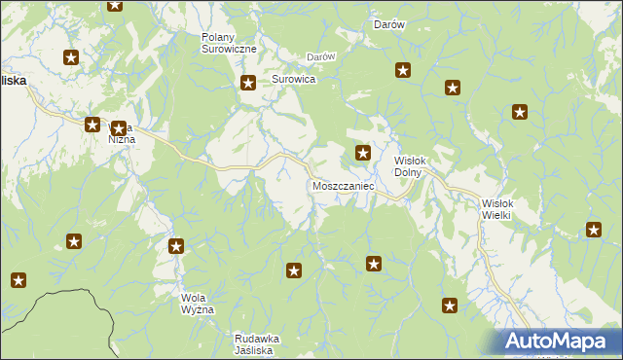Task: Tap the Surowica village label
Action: tap(293, 79)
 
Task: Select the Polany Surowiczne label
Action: tap(229, 43)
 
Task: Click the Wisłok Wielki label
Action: tap(504, 209)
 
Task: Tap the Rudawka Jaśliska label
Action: tap(257, 343)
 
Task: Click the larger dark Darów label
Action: tap(389, 25)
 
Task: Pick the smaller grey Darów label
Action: tap(321, 56)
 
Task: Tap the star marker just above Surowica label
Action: tap(249, 84)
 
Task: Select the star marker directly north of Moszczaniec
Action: tap(363, 152)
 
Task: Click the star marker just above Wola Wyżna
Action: tap(176, 246)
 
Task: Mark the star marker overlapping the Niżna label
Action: tap(118, 128)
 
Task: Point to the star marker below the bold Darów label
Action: tap(403, 70)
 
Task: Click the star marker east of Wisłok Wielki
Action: tap(594, 230)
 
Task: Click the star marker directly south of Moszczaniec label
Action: tap(374, 264)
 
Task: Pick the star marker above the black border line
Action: tap(18, 281)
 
